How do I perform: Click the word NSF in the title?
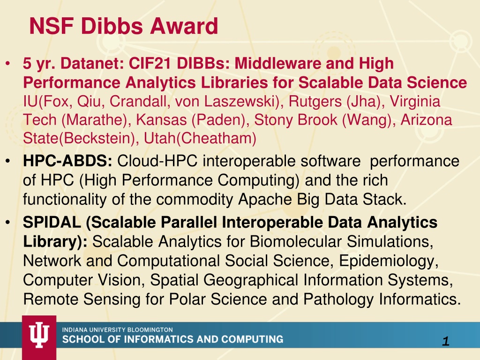(x=51, y=26)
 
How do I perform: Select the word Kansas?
(x=161, y=120)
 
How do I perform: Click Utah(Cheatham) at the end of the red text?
(x=200, y=138)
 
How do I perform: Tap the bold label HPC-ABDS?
(x=67, y=161)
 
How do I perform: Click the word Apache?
(x=265, y=200)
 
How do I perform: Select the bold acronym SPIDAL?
(x=52, y=222)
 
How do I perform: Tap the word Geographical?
(x=251, y=280)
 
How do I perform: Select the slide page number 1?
(x=446, y=341)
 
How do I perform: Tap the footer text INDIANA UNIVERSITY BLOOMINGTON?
(x=117, y=330)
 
